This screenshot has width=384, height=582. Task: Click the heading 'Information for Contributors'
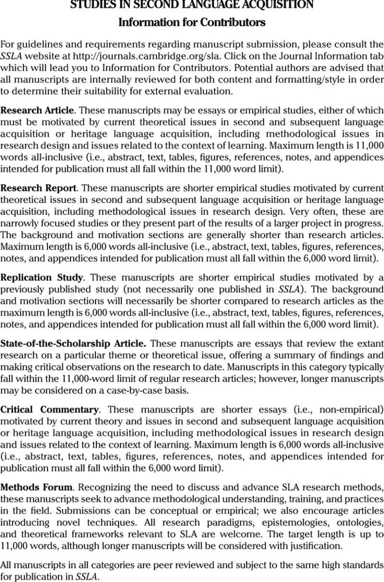click(x=192, y=22)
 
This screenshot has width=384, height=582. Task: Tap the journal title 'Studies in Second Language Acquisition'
click(x=192, y=5)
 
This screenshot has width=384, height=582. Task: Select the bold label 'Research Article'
click(x=37, y=110)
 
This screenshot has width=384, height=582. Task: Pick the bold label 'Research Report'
click(x=38, y=188)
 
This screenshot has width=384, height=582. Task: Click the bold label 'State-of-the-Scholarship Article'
click(x=73, y=344)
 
